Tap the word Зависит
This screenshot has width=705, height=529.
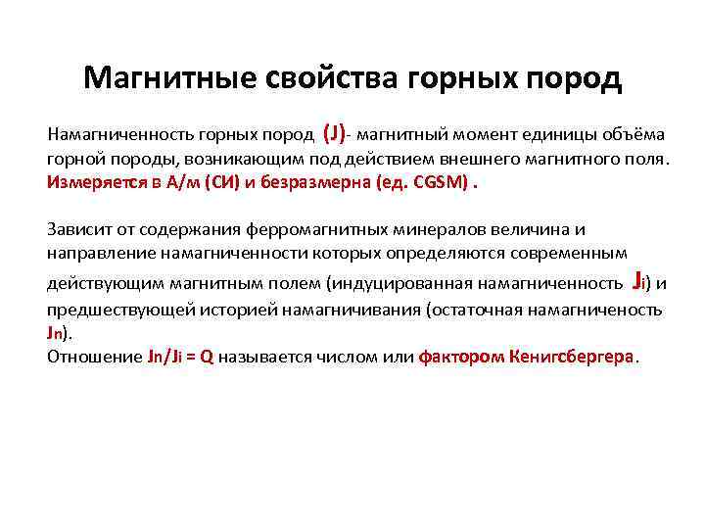pos(76,229)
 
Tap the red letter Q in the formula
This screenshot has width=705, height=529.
pos(206,357)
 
